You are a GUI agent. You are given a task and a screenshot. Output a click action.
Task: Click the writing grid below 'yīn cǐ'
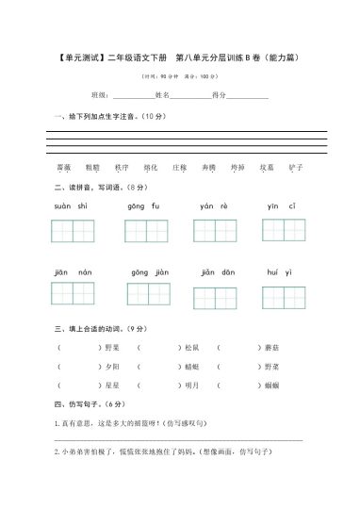pos(283,232)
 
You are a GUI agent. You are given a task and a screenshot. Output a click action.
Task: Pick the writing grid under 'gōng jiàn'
pos(149,294)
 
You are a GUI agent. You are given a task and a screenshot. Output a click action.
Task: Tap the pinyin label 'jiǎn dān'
pos(217,271)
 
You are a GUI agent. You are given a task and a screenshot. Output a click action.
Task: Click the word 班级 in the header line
pos(100,96)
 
